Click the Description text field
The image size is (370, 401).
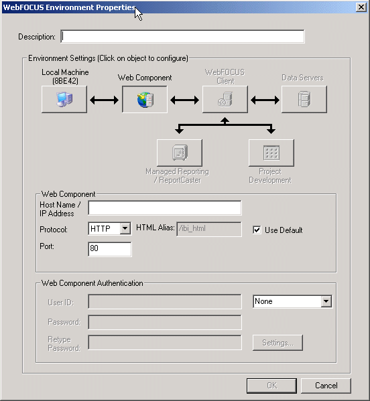182,37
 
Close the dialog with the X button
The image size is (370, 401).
361,7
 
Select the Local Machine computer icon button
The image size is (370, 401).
64,99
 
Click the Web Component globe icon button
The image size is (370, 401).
145,99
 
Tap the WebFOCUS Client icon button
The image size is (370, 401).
225,99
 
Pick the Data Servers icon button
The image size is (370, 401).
304,99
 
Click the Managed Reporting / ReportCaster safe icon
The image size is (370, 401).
180,153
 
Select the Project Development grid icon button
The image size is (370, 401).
271,153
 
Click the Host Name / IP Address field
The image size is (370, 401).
165,208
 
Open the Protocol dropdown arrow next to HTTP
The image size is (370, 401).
125,228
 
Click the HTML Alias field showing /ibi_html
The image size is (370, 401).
209,229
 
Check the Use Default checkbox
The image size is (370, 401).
257,230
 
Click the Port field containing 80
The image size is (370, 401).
110,249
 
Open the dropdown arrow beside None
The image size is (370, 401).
326,301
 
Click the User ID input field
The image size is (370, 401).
165,301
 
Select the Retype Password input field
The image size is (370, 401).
165,343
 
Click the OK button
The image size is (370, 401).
271,386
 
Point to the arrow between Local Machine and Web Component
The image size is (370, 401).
104,100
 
